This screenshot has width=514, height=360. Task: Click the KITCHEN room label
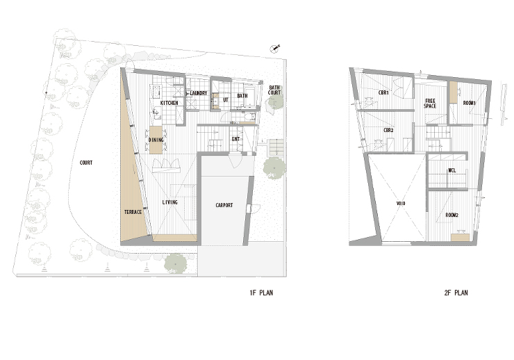(x=169, y=103)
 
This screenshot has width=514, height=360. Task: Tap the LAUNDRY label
(x=199, y=93)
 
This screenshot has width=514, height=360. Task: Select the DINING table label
(x=156, y=140)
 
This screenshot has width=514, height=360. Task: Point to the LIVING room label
(x=169, y=202)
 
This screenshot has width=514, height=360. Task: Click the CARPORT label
(x=224, y=205)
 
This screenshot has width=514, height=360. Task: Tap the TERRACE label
(x=133, y=212)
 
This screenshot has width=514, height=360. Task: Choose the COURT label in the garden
(x=86, y=163)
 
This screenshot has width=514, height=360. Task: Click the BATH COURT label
(x=274, y=90)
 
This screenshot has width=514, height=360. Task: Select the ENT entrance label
(x=235, y=140)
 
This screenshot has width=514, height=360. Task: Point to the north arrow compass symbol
(x=274, y=49)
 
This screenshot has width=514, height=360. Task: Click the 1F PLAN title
(x=261, y=293)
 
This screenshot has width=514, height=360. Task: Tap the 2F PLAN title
(x=456, y=293)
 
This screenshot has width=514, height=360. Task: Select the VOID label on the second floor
(x=401, y=204)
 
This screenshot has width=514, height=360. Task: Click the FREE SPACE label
(x=430, y=104)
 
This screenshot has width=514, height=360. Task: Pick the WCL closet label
(x=451, y=171)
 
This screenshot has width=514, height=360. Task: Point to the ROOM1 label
(x=469, y=104)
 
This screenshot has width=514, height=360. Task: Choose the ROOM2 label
(x=451, y=215)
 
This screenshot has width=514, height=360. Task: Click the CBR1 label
(x=383, y=93)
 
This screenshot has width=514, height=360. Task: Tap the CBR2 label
(x=388, y=131)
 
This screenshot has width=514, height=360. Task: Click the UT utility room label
(x=226, y=99)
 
